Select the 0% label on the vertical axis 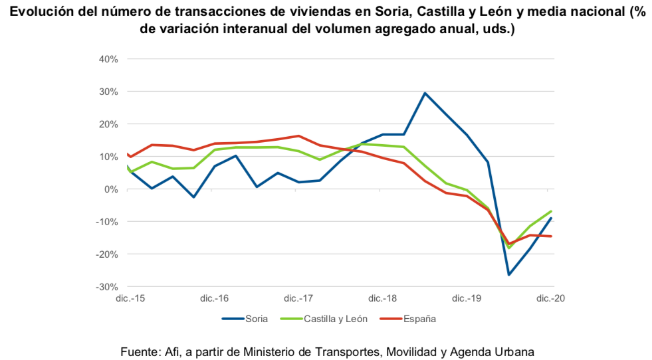(112, 189)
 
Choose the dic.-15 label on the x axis (130, 299)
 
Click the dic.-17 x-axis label (298, 299)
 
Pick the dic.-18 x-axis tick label (383, 299)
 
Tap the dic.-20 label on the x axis (551, 299)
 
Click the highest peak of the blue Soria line (425, 93)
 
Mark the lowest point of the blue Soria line (509, 274)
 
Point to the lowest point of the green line (509, 248)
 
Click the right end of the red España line (551, 236)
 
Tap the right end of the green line (551, 211)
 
